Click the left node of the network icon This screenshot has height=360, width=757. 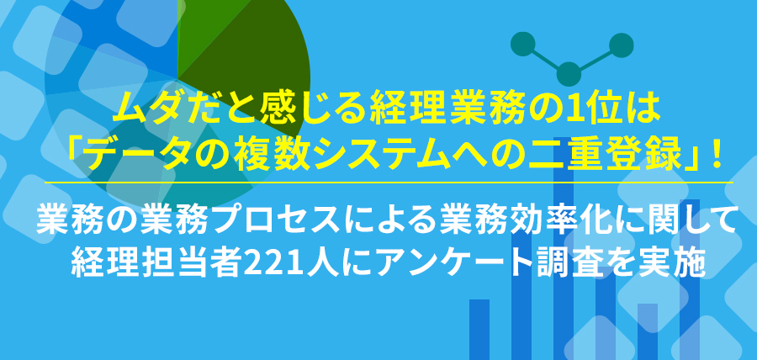click(521, 42)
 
